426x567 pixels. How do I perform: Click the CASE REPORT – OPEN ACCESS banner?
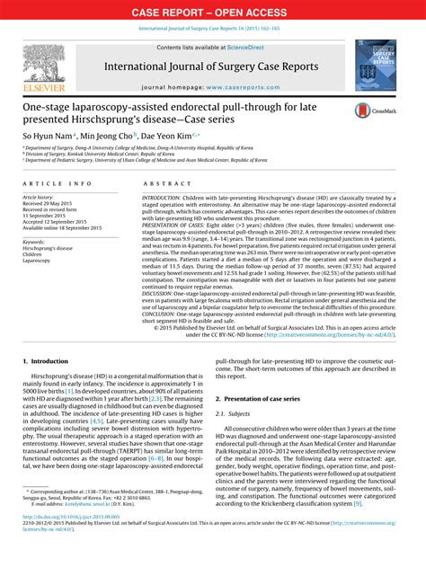tap(213, 12)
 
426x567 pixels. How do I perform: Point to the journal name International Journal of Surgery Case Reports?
tap(213, 67)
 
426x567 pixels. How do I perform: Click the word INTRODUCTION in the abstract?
tap(167, 197)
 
